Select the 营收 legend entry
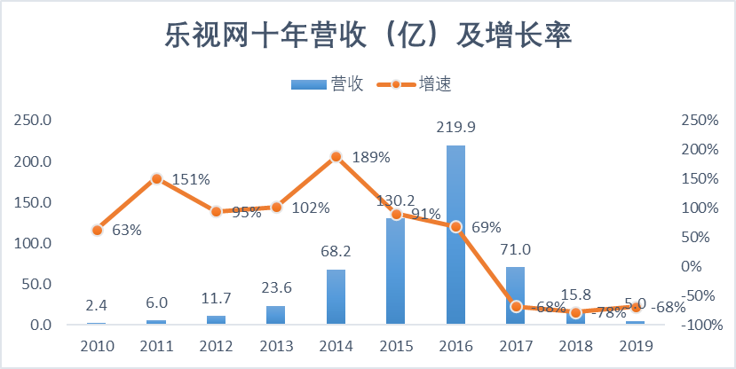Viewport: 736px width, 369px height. (x=325, y=84)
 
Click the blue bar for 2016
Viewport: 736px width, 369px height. (x=455, y=235)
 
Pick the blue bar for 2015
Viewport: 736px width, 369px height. (x=395, y=271)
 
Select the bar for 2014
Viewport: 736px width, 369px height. (x=336, y=297)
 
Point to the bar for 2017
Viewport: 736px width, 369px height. (x=515, y=295)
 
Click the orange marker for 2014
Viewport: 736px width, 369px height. (x=336, y=156)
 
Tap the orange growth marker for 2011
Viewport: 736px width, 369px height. (x=156, y=178)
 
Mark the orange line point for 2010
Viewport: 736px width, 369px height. (x=98, y=230)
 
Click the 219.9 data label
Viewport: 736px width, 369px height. (x=456, y=128)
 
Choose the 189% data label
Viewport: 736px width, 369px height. (x=370, y=158)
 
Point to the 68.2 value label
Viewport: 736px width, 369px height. (x=336, y=252)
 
